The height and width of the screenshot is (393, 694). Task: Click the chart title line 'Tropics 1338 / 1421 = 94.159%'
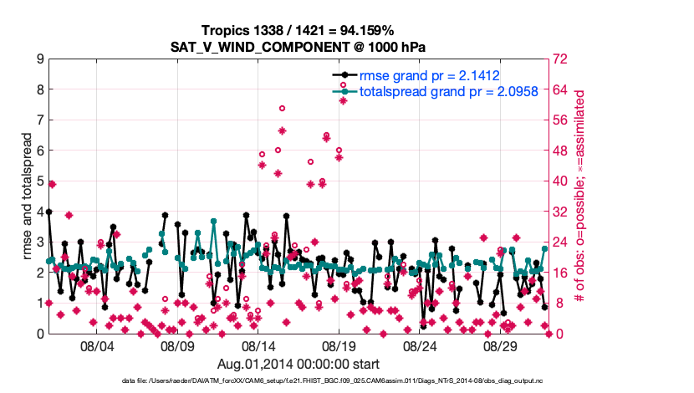click(x=299, y=30)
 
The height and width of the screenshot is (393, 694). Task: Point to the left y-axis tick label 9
click(x=39, y=59)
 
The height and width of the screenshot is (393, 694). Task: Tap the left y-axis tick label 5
click(x=39, y=181)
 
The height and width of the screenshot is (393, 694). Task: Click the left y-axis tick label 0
click(x=39, y=334)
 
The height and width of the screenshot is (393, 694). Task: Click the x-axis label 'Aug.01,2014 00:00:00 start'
click(x=299, y=364)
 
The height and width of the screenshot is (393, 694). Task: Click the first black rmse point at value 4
click(x=48, y=212)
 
